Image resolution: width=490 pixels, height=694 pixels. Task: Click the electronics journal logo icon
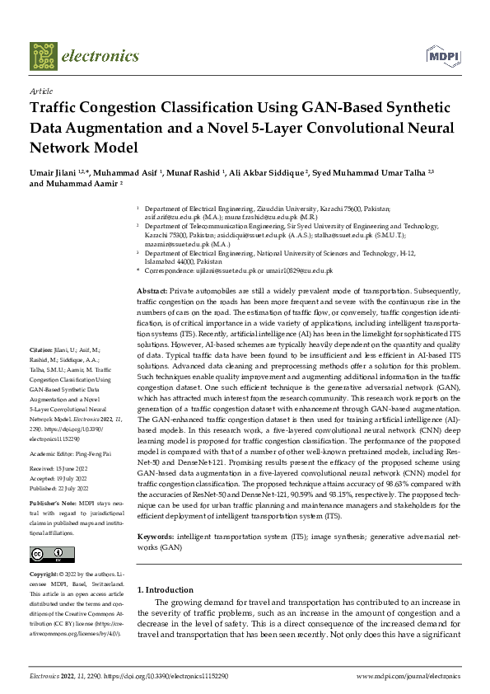[x=43, y=56]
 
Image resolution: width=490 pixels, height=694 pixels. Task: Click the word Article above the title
[x=40, y=91]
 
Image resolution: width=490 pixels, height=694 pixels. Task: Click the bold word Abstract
[x=152, y=291]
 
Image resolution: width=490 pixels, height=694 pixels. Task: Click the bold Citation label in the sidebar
[x=42, y=373]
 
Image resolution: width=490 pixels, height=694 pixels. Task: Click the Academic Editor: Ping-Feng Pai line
[x=74, y=453]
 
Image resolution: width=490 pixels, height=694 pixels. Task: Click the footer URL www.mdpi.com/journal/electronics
[x=408, y=676]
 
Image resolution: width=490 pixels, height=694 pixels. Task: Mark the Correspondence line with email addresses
[x=235, y=270]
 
